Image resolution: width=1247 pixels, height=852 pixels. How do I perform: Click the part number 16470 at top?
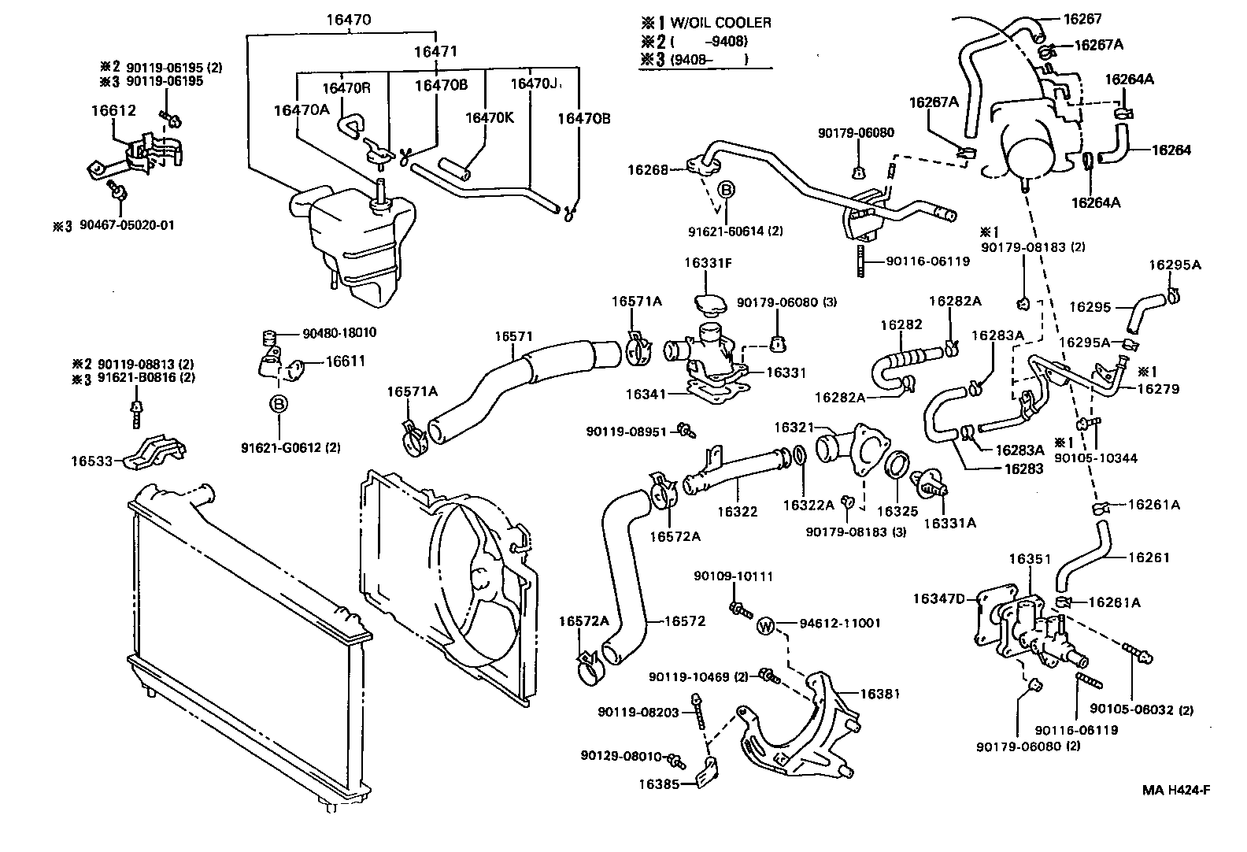(x=348, y=20)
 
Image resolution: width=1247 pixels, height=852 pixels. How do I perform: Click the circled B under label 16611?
(x=278, y=404)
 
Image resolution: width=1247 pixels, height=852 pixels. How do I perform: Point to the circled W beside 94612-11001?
(x=766, y=627)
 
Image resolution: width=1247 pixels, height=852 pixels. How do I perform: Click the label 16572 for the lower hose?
(x=684, y=621)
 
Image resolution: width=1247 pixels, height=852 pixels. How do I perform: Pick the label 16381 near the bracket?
(x=879, y=695)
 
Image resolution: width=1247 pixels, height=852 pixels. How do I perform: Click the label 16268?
(x=647, y=169)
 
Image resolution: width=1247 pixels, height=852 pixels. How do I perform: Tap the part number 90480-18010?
(x=339, y=333)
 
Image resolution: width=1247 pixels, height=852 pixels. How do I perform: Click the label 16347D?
(x=938, y=599)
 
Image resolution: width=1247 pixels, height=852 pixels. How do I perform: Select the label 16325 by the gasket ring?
(x=897, y=511)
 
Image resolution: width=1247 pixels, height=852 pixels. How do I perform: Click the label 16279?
(x=1158, y=389)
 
